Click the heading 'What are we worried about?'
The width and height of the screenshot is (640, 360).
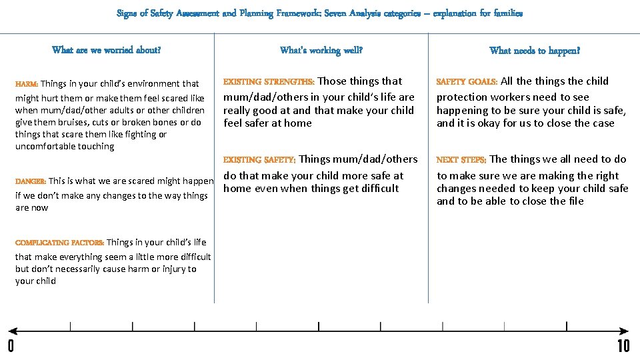pos(106,50)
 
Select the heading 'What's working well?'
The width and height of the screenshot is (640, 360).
pos(321,51)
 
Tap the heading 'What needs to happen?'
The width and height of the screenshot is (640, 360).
pos(535,51)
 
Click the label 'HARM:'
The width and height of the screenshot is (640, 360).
pos(27,84)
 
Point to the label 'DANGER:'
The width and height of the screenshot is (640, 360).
pos(31,181)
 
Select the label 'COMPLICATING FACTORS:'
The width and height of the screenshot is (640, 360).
pos(59,243)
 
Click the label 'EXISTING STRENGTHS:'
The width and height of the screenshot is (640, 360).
pos(269,82)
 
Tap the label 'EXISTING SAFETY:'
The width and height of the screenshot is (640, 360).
pos(259,160)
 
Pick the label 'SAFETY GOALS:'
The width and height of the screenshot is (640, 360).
pos(467,82)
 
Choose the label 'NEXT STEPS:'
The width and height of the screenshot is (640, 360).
pos(461,160)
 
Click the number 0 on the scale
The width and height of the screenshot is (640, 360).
pos(11,346)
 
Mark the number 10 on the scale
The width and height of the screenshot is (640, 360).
pos(623,346)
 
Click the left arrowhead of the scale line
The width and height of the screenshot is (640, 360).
pos(13,331)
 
